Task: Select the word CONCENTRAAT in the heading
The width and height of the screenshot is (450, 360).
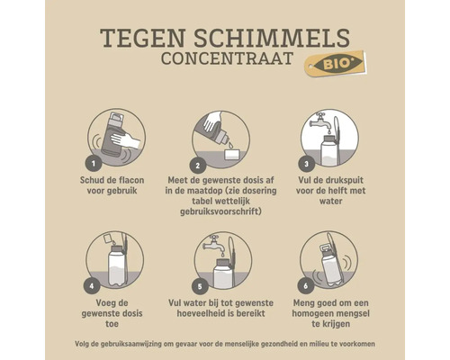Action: pyautogui.click(x=230, y=60)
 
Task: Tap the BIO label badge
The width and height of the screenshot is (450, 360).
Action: pyautogui.click(x=334, y=64)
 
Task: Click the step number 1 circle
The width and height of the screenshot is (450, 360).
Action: pyautogui.click(x=92, y=164)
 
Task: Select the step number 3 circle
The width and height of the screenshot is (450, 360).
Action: pyautogui.click(x=306, y=164)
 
